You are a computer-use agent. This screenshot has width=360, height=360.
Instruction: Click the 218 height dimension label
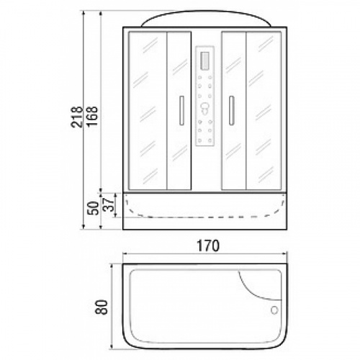77,117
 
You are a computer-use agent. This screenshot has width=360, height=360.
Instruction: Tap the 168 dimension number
92,116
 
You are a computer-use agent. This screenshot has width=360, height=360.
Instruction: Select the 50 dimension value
94,208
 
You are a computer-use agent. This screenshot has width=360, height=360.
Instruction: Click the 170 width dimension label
208,246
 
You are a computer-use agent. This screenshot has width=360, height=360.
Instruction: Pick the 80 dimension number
102,307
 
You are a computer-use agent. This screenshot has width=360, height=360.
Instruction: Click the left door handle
181,110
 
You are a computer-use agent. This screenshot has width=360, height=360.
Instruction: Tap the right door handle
231,110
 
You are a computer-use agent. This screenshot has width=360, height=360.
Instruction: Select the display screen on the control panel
205,60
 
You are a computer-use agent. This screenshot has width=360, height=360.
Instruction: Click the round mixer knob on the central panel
204,109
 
